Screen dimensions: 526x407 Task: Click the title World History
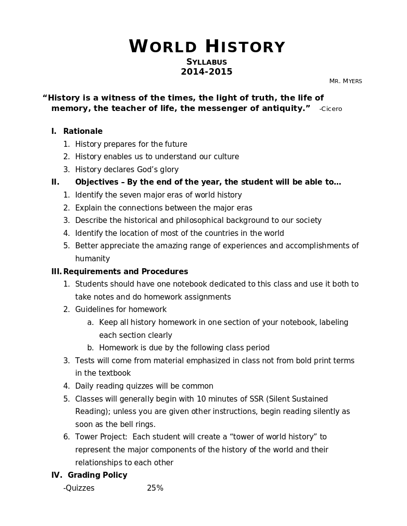[x=207, y=47]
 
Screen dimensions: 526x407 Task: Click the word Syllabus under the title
[x=207, y=62]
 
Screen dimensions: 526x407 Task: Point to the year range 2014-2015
[x=207, y=72]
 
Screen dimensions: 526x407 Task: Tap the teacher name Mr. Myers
[x=345, y=81]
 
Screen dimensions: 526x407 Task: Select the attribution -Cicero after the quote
[x=331, y=109]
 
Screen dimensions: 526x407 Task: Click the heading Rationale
[x=83, y=131]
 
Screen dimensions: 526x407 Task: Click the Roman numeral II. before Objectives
[x=55, y=182]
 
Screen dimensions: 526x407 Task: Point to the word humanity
[x=93, y=259]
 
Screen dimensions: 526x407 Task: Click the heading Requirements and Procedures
[x=126, y=272]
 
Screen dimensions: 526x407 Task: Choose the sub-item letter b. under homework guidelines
[x=91, y=348]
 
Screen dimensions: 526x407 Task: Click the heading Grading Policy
[x=98, y=475]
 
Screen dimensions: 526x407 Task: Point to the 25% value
[x=155, y=488]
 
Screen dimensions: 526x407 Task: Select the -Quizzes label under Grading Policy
[x=79, y=488]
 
